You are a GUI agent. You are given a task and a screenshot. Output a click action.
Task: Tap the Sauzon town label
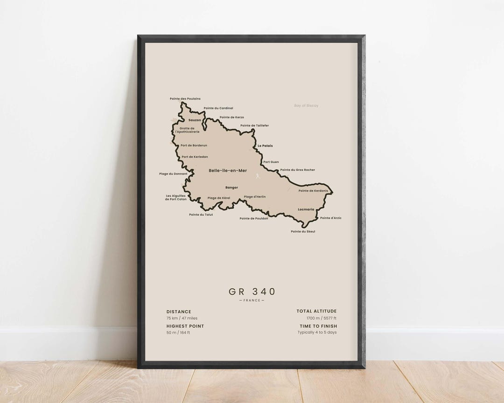195,120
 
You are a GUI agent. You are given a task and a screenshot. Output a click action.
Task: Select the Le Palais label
265,146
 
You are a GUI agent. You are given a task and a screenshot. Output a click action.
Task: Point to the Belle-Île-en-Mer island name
228,171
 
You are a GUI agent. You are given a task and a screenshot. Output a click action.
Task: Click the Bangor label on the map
231,188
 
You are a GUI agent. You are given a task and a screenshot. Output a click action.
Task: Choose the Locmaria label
306,209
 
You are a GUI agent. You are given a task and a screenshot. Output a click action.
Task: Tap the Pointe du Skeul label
303,231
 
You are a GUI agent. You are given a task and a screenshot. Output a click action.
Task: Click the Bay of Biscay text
306,106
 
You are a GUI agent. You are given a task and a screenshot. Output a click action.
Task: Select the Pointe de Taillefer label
254,125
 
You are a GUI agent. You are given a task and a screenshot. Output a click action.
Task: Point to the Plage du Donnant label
173,174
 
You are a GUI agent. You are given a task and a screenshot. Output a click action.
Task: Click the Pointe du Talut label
201,215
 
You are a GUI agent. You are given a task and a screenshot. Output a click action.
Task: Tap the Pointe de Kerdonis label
313,191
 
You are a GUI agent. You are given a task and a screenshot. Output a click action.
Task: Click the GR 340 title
252,292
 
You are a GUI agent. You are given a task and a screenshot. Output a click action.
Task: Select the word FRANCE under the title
252,300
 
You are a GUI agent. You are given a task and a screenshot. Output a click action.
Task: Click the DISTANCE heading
179,312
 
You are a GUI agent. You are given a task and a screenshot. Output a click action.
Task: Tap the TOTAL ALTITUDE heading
316,311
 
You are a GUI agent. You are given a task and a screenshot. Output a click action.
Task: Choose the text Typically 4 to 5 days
317,333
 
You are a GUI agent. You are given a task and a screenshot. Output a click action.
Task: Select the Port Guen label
271,162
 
